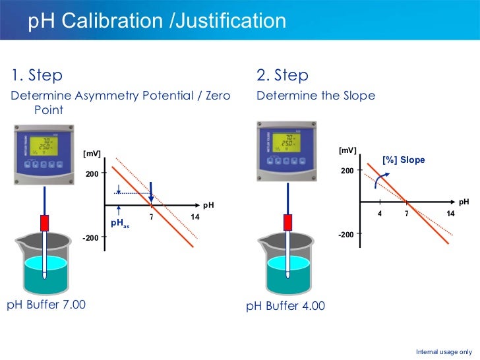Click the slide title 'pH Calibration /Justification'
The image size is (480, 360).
[x=157, y=21]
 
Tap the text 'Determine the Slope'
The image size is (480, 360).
[x=315, y=96]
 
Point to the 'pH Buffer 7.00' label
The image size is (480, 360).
[x=46, y=305]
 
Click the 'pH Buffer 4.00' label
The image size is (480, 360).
[x=285, y=307]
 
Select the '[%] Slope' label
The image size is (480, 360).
[x=404, y=160]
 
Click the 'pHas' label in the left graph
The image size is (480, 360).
[x=119, y=224]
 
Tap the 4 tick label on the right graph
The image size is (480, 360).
[x=380, y=214]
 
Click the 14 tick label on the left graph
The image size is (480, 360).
[x=195, y=218]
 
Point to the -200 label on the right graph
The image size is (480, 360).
[x=346, y=235]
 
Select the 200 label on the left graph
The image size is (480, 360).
[x=91, y=174]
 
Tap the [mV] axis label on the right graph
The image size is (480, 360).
[x=347, y=150]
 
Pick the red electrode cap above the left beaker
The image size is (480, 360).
[x=45, y=223]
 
